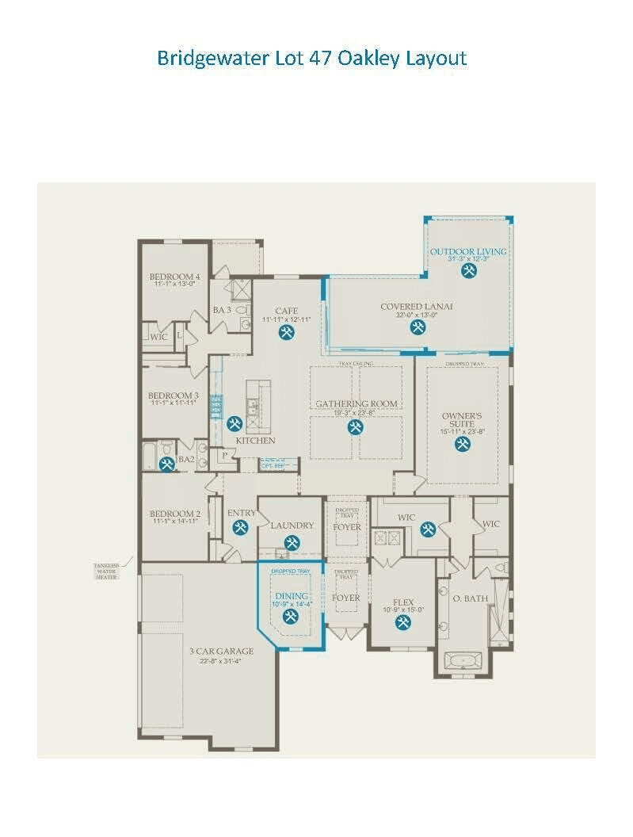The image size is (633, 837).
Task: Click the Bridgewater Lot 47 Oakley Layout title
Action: click(x=311, y=59)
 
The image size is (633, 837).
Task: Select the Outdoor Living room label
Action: click(x=468, y=252)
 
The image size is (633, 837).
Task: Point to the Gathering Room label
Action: click(x=357, y=403)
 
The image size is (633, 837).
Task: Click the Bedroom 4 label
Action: click(x=175, y=277)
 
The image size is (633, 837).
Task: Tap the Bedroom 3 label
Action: click(x=174, y=396)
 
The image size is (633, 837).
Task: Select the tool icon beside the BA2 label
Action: click(x=167, y=464)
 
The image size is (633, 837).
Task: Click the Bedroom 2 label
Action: click(x=174, y=514)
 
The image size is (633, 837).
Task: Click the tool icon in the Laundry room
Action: click(x=292, y=543)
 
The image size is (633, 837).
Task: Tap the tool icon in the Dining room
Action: click(x=292, y=614)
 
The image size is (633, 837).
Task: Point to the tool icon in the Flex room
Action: click(x=403, y=622)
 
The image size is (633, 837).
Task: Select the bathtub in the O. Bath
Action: click(x=461, y=659)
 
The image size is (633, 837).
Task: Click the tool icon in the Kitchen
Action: click(x=235, y=424)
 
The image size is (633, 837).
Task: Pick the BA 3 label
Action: click(x=222, y=310)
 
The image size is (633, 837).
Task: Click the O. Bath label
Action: click(x=471, y=598)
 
